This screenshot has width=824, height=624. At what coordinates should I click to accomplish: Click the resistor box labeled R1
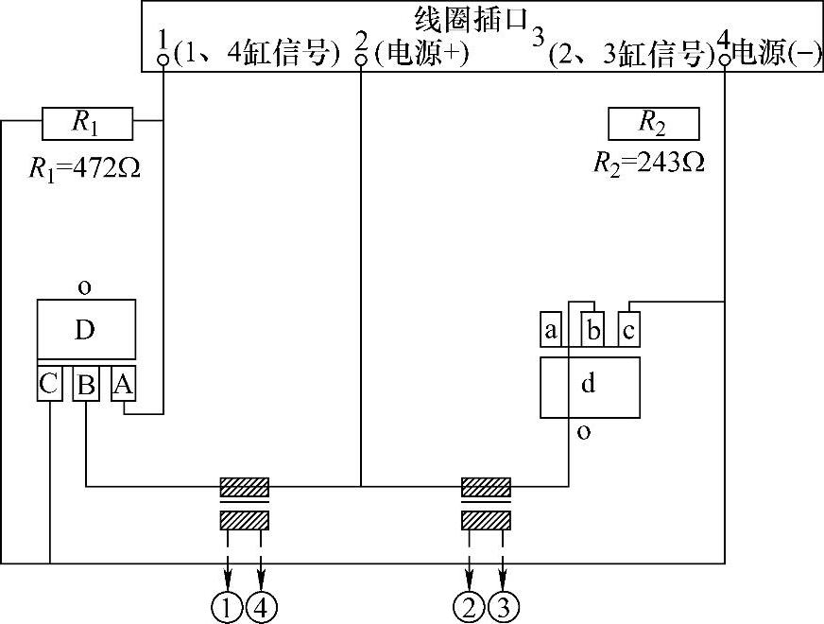[x=87, y=121]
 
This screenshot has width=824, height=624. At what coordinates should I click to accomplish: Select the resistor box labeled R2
[x=654, y=123]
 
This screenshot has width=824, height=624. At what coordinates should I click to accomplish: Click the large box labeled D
[x=86, y=329]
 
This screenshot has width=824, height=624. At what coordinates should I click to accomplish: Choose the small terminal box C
[x=49, y=385]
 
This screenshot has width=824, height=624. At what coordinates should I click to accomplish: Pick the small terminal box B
[x=86, y=385]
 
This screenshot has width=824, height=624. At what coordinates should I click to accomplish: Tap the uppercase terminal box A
[x=123, y=385]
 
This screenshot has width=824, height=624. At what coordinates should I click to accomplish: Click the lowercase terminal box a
[x=552, y=330]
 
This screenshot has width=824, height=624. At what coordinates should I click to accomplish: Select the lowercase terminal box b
[x=592, y=329]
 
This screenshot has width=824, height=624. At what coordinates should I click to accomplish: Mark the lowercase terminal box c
[x=628, y=329]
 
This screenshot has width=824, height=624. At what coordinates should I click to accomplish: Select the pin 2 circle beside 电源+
[x=360, y=60]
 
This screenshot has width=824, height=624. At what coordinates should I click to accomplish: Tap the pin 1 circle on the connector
[x=163, y=60]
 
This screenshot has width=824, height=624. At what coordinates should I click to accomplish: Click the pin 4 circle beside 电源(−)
[x=725, y=60]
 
